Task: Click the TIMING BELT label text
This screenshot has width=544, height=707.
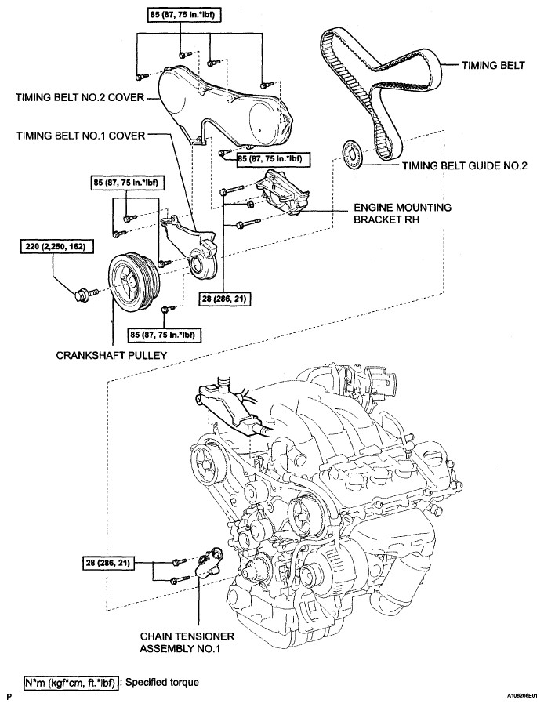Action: [493, 65]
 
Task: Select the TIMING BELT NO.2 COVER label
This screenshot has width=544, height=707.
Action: [80, 97]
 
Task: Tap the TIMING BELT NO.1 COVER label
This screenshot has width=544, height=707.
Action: [81, 136]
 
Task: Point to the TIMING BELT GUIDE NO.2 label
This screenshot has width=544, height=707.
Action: [465, 166]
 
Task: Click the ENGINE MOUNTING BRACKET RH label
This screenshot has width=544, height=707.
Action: [402, 213]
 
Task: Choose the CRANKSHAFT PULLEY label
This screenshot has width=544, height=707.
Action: [111, 355]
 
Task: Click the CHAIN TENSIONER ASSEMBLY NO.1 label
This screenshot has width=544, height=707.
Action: [187, 643]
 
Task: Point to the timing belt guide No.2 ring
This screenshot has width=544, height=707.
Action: [352, 155]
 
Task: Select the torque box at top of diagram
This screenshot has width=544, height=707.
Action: [181, 15]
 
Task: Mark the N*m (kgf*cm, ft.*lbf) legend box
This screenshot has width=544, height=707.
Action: [71, 683]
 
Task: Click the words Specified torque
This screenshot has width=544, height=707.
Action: [162, 682]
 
